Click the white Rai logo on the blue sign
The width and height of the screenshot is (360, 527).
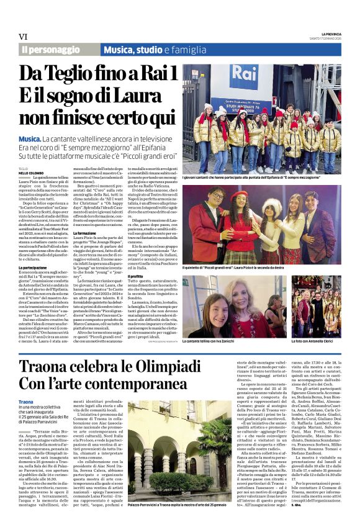[x=243, y=78]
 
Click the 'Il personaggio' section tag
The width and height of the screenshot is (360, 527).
[x=50, y=49]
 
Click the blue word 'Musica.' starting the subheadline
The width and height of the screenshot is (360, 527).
[x=29, y=138]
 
